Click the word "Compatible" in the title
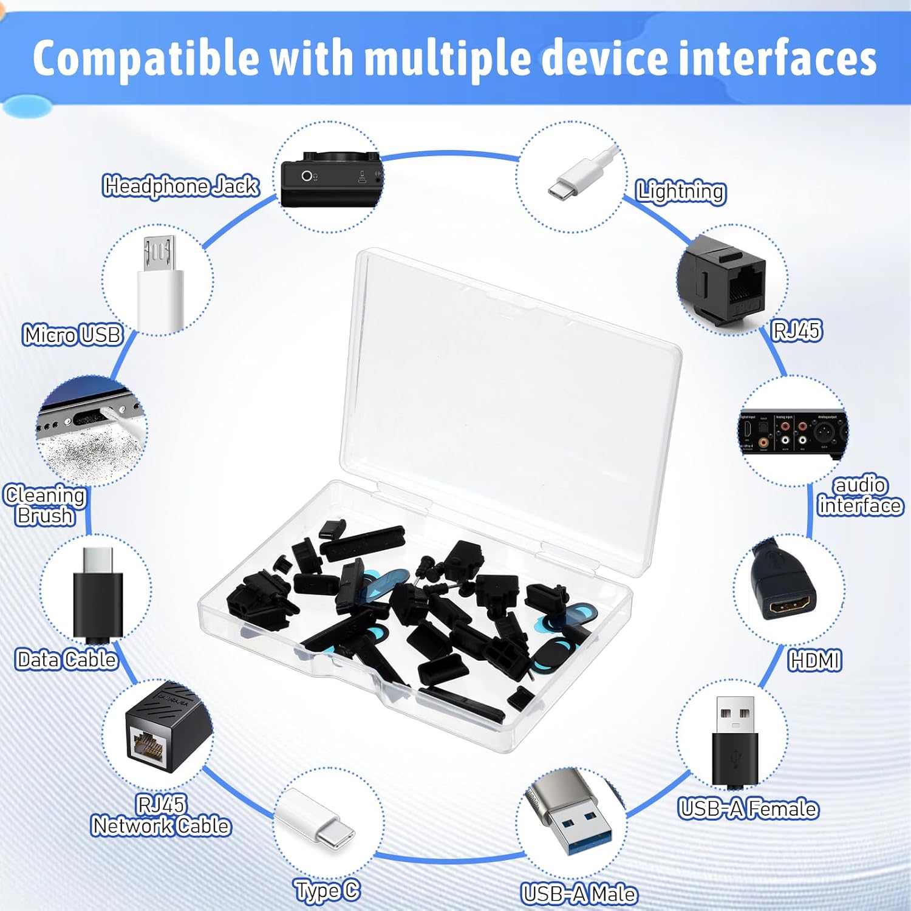pyautogui.click(x=145, y=58)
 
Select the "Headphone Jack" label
pyautogui.click(x=181, y=186)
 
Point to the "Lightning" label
pyautogui.click(x=680, y=191)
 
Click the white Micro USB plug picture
pyautogui.click(x=160, y=285)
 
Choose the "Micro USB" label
pyautogui.click(x=72, y=335)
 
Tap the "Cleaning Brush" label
pyautogui.click(x=45, y=505)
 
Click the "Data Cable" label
pyautogui.click(x=66, y=660)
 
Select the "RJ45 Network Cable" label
pyautogui.click(x=161, y=816)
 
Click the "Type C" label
pyautogui.click(x=327, y=891)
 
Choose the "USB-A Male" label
pyautogui.click(x=579, y=894)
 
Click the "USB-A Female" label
pyautogui.click(x=748, y=809)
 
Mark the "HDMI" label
pyautogui.click(x=814, y=660)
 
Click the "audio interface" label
pyautogui.click(x=860, y=496)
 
